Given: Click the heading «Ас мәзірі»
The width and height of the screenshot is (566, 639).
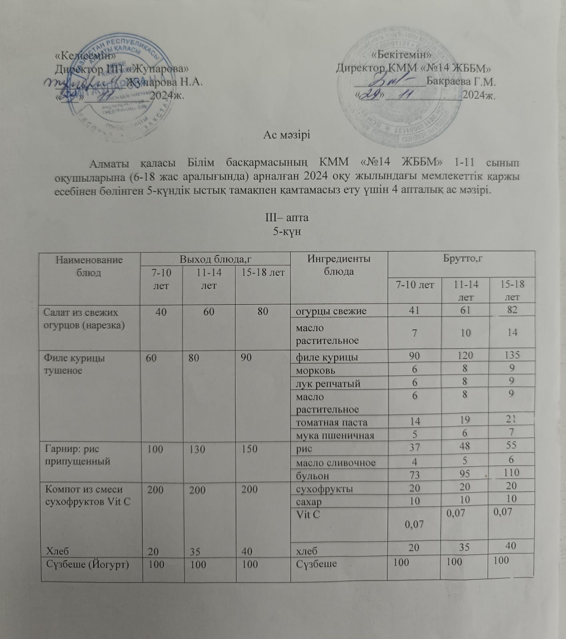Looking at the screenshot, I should [x=286, y=135].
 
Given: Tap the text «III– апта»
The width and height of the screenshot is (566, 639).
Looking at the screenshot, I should [x=287, y=218].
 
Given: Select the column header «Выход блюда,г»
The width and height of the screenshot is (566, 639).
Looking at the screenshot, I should [x=215, y=259].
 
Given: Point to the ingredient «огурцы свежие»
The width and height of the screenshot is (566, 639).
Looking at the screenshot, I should [x=331, y=311].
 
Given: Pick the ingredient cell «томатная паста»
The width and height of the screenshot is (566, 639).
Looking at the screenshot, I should [x=331, y=422].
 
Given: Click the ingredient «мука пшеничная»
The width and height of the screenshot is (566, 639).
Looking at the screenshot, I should [x=335, y=435].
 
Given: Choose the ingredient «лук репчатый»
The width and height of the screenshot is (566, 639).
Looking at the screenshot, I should [x=328, y=384].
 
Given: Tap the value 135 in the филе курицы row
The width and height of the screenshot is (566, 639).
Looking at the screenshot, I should [x=512, y=354].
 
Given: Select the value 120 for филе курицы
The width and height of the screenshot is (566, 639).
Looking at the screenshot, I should [x=465, y=355].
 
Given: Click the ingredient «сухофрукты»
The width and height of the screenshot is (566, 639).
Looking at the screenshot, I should [x=324, y=489].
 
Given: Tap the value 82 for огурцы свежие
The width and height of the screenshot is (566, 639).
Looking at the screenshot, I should [x=512, y=310].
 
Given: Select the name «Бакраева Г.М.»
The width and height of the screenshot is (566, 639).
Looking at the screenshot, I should [x=461, y=82].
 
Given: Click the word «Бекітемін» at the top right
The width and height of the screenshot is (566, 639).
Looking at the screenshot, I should [x=401, y=55].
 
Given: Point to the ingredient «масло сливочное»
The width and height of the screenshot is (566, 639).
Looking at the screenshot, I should [x=336, y=462].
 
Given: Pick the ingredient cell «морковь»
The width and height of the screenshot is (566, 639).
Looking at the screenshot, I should [x=316, y=370].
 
